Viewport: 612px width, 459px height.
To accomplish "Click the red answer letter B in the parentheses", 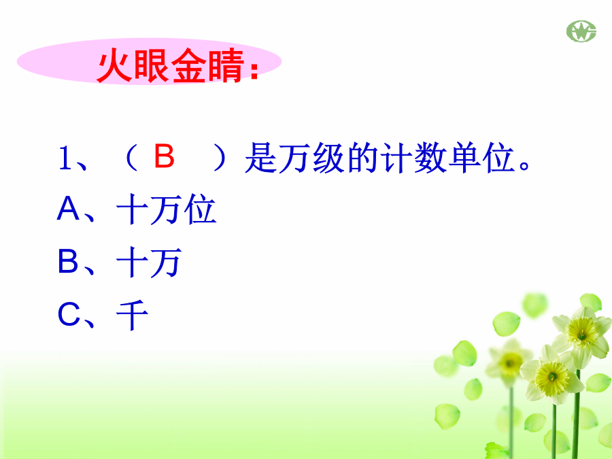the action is coord(164,156).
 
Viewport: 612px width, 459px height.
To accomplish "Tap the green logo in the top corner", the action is coord(581,31).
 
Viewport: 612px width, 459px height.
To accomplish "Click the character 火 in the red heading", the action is coord(114,65).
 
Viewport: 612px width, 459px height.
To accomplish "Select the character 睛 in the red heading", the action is coord(226,65).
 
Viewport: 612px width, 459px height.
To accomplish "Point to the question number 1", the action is coord(65,158).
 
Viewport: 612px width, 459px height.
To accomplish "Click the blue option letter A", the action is coord(68,209).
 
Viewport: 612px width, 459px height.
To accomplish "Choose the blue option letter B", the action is coord(68,261).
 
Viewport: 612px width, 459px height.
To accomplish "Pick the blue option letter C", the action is coord(69,314).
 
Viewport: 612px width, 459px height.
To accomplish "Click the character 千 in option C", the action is coord(133,315).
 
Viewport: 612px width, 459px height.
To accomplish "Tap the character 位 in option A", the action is coord(200,209).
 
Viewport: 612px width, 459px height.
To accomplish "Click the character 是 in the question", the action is coord(260,158).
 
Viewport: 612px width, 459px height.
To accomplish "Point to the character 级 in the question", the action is coord(328,158).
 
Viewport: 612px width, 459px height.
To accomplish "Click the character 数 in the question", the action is coord(430,158).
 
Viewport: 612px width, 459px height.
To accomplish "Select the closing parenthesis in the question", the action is coord(220,158).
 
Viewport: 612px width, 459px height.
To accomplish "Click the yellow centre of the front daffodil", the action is coord(552,377).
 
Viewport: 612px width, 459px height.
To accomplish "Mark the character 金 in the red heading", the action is coord(189,65).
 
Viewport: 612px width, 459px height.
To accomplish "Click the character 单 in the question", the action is coord(464,158).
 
